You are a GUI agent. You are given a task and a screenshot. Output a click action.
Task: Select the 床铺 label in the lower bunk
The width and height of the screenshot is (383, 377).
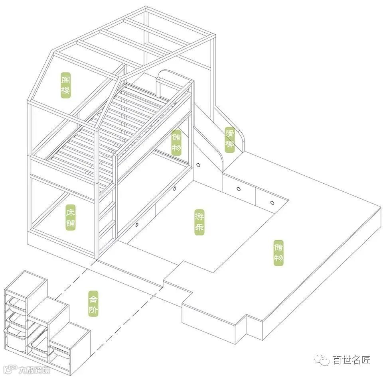point(71,218)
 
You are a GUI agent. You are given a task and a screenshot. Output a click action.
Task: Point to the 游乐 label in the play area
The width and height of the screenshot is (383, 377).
point(199,222)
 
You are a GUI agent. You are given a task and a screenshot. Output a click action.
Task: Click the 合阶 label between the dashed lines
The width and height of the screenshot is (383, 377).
point(93,304)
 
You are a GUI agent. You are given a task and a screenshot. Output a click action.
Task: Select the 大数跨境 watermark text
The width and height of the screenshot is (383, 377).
point(35,370)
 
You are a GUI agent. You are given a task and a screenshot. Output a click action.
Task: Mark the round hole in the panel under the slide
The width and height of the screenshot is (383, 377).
point(198,165)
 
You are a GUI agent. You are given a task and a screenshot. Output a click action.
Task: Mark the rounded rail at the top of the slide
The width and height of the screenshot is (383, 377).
point(168,76)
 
